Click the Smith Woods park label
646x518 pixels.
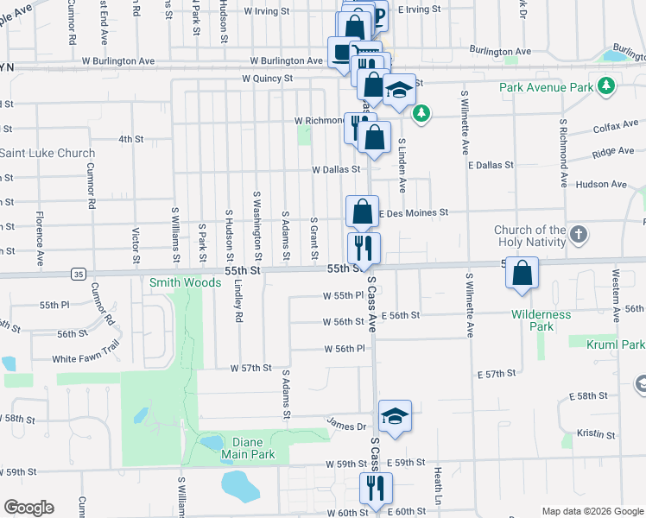pos(185,282)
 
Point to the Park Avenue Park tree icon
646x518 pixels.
pos(607,86)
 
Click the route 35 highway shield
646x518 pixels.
pos(79,274)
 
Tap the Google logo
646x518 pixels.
pos(28,508)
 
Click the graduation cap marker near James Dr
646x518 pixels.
pos(395,416)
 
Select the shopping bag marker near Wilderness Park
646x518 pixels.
pos(523,274)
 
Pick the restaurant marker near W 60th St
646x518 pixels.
pos(376,488)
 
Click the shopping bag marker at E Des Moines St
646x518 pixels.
pos(363,211)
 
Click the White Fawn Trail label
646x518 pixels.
pos(85,358)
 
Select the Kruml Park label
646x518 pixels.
pos(620,344)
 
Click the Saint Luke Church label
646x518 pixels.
pos(47,154)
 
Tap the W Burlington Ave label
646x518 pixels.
pos(288,61)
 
